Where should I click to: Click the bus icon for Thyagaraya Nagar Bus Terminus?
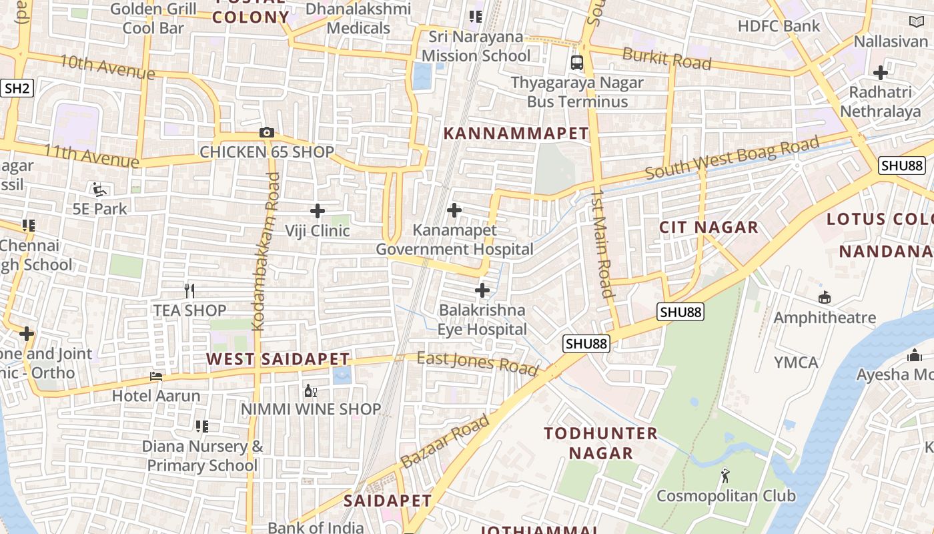coord(577,63)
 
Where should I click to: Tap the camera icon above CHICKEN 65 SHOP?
coord(267,132)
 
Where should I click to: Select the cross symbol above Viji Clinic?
coord(318,211)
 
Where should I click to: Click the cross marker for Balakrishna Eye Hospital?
coord(482,290)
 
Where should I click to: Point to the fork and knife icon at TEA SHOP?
coord(190,290)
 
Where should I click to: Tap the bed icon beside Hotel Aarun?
coord(156,376)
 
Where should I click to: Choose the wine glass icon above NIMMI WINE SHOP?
coord(310,390)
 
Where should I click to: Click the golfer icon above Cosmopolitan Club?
coord(725,476)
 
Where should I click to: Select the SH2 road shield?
coord(17,88)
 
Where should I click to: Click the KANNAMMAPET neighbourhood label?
coord(516,133)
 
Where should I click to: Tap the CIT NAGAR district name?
coord(709,227)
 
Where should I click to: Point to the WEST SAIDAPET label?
coord(278,359)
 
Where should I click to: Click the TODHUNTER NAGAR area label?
coord(600,443)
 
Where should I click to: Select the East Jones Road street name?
coord(477,362)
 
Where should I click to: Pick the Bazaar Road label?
coord(445,441)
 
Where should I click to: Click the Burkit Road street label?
coord(666,58)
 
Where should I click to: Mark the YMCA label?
coord(796,362)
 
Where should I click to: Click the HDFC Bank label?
coord(778,26)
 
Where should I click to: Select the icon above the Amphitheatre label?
coord(825,297)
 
